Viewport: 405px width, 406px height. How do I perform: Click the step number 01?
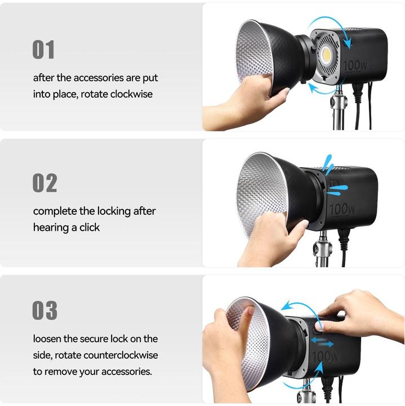[43, 50]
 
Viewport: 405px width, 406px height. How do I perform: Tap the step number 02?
[44, 183]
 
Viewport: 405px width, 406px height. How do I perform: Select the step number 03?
[44, 311]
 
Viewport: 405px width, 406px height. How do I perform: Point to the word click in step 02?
[89, 227]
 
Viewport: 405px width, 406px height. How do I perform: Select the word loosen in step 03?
[48, 339]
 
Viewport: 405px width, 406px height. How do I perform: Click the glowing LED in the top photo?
[327, 55]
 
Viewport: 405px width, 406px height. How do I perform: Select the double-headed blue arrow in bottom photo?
[322, 343]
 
